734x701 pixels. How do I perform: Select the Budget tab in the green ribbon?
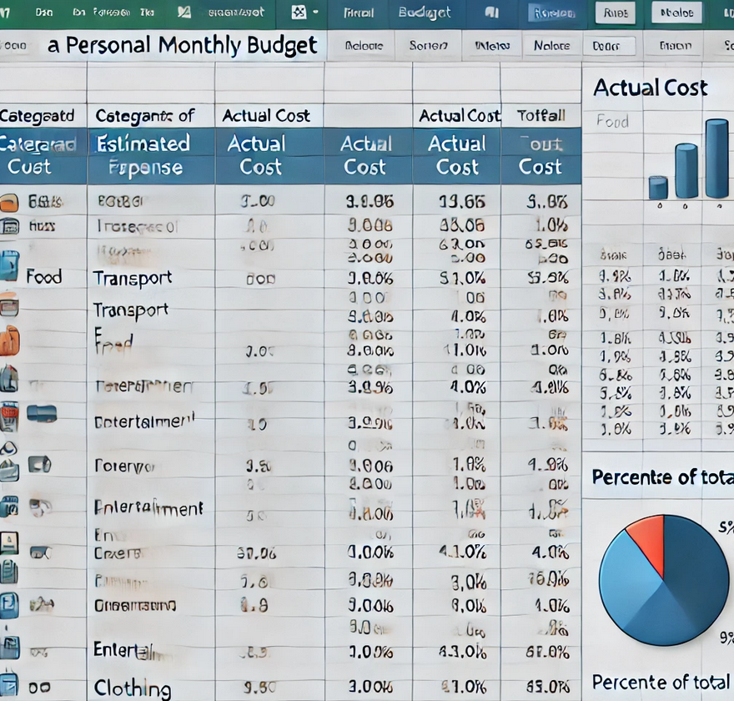(425, 13)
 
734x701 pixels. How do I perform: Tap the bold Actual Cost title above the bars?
(650, 88)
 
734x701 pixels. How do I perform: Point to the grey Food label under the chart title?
(612, 122)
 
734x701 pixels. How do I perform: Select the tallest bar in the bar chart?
(716, 159)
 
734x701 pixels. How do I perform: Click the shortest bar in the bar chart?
(658, 188)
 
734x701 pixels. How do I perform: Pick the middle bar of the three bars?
(686, 171)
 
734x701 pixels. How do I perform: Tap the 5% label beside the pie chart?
(726, 527)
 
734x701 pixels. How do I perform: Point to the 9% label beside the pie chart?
(726, 638)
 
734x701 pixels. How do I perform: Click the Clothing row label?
(133, 688)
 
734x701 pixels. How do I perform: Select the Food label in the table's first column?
(43, 276)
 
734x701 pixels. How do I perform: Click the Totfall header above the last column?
(540, 116)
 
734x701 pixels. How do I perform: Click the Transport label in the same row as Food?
(133, 278)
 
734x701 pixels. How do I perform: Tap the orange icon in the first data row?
(10, 201)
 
